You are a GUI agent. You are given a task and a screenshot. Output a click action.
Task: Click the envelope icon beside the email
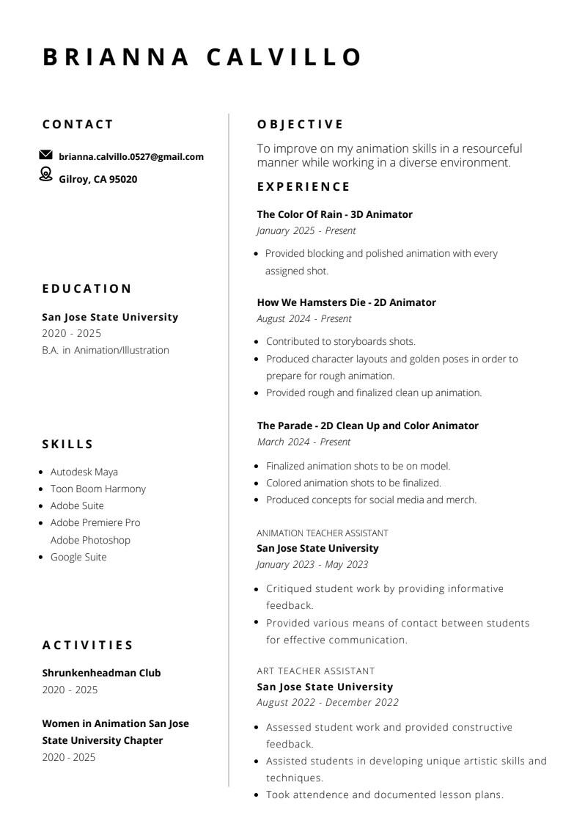(x=45, y=155)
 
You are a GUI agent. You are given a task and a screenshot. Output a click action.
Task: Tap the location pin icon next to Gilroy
(x=45, y=174)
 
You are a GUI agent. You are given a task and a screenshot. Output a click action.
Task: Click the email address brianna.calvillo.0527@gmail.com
(x=131, y=157)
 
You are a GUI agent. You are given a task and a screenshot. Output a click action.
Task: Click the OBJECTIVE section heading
(x=300, y=125)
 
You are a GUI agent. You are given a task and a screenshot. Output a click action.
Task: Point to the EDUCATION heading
(x=87, y=288)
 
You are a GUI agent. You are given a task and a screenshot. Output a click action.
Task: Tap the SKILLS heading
(x=68, y=444)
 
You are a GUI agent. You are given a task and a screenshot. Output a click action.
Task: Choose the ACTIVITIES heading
(x=88, y=646)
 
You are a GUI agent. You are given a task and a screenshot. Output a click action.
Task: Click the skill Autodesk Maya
(x=84, y=472)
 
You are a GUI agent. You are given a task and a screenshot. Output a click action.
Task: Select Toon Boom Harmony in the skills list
(x=97, y=489)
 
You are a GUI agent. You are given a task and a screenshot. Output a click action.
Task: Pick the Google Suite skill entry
(x=78, y=557)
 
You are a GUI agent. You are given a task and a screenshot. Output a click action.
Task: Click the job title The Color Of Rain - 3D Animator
(x=334, y=214)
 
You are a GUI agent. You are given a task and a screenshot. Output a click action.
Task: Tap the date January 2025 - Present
(x=306, y=230)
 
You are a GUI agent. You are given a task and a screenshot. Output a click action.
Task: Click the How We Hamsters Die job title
(x=346, y=302)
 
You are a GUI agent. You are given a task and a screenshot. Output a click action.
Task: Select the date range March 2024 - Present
(x=303, y=442)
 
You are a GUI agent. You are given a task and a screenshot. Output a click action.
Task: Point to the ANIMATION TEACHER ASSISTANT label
(x=323, y=533)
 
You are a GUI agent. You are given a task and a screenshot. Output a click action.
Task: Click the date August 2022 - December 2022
(x=327, y=702)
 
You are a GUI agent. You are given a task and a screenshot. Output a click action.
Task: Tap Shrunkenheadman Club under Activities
(x=101, y=673)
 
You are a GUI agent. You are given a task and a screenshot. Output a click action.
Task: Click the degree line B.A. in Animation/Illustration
(x=106, y=350)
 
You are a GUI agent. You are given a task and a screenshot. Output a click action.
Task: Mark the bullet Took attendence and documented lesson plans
(x=384, y=795)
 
